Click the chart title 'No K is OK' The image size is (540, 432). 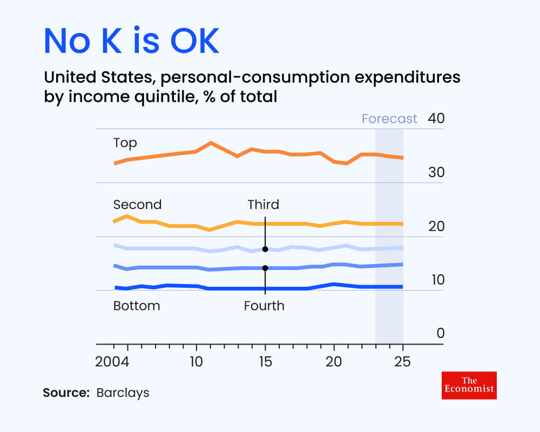[x=131, y=41]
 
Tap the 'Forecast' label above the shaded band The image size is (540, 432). [x=389, y=119]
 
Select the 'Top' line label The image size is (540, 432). [x=125, y=143]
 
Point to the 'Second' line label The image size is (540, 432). [x=137, y=205]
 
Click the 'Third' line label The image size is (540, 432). [x=264, y=205]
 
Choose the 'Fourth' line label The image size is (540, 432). [x=264, y=306]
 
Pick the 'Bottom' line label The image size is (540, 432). [x=137, y=306]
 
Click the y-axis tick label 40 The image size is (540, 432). [x=436, y=118]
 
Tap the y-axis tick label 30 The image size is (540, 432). [x=436, y=172]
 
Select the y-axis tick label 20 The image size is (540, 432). [x=436, y=226]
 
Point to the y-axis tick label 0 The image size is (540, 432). [x=441, y=333]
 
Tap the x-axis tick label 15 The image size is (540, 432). [x=265, y=361]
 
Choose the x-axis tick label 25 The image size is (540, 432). [x=403, y=361]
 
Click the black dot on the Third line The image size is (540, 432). [x=265, y=249]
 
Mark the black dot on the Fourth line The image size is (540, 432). [x=265, y=268]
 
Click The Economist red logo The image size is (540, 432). [x=469, y=385]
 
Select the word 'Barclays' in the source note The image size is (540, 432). [x=123, y=393]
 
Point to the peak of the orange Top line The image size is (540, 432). [x=211, y=143]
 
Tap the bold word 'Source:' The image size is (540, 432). [x=66, y=393]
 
